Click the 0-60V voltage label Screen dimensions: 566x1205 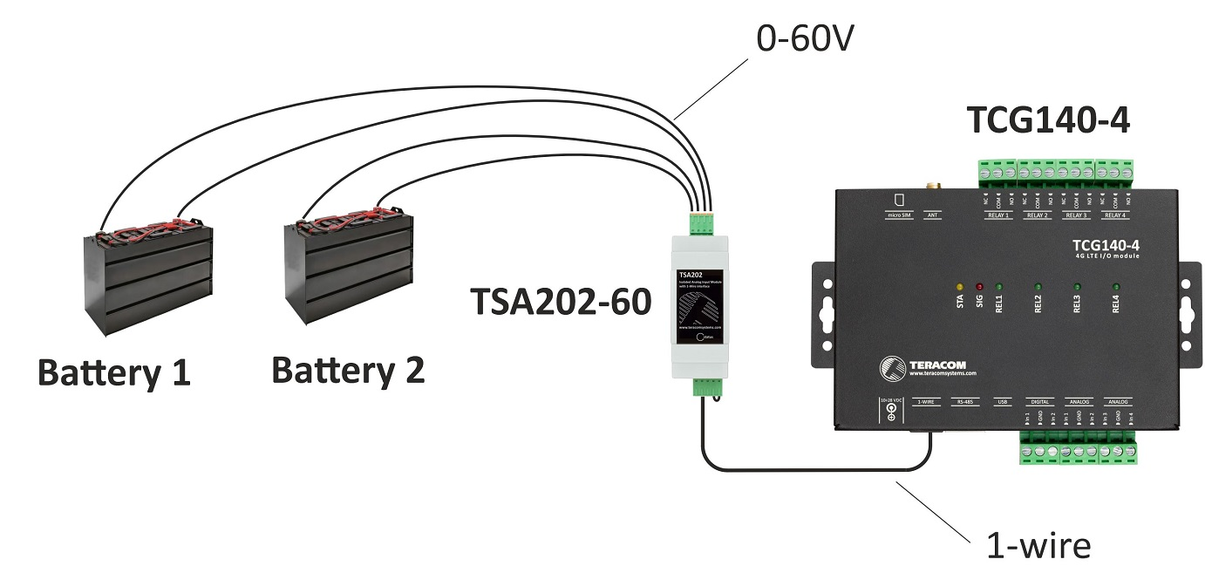805,39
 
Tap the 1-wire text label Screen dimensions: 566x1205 1038,546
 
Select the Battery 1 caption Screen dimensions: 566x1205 113,373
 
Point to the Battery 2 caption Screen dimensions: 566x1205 348,370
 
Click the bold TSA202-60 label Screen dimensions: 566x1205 561,302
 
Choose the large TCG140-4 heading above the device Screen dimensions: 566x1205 1048,121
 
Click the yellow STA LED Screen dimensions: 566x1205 960,286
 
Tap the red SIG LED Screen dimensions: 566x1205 979,286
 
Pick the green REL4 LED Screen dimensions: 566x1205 1115,286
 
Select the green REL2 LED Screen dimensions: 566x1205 1038,286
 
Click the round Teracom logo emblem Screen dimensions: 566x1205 891,367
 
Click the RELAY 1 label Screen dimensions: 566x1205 996,215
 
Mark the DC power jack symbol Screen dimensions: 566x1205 890,413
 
